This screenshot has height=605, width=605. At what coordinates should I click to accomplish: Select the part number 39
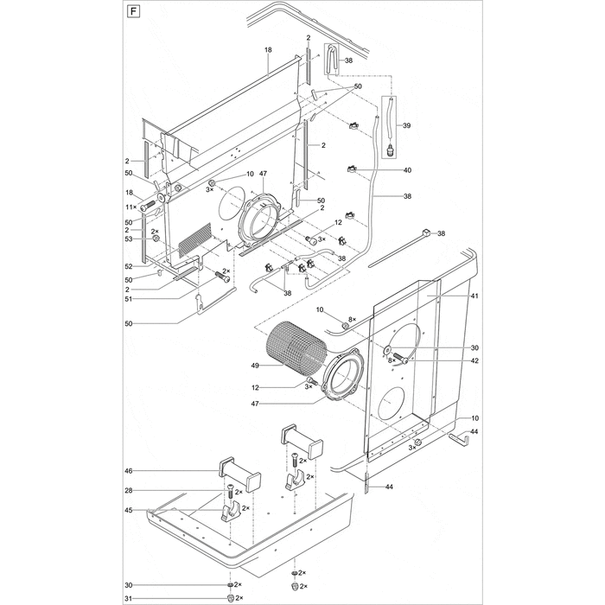click(407, 126)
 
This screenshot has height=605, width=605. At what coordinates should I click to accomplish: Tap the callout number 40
click(407, 170)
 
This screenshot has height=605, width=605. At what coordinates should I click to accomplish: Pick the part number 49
click(255, 366)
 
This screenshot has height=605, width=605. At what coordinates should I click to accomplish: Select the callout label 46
click(129, 471)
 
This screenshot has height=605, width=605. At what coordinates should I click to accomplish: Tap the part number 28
click(129, 491)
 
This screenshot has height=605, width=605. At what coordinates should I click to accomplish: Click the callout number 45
click(129, 510)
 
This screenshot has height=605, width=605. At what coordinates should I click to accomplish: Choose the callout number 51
click(129, 300)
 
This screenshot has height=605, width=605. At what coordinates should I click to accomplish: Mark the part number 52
click(129, 265)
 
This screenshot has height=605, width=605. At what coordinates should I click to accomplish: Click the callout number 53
click(129, 239)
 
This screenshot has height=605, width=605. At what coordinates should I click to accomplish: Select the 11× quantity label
click(131, 207)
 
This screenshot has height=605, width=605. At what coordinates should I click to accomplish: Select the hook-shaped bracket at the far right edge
click(461, 439)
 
